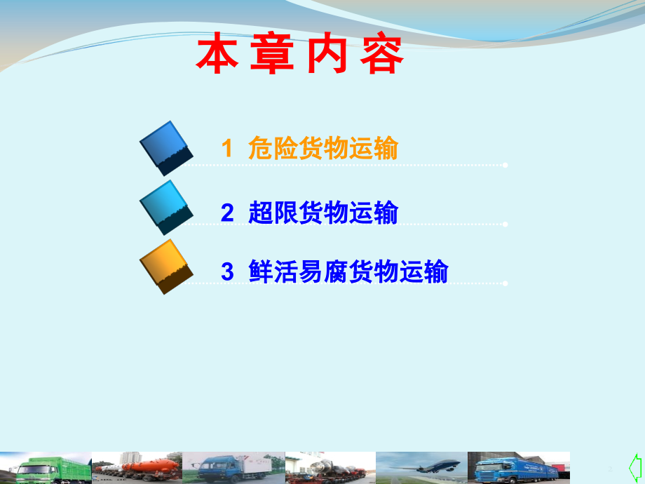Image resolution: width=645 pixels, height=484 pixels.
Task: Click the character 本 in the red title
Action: click(215, 55)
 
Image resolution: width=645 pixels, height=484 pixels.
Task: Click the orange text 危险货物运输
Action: click(323, 149)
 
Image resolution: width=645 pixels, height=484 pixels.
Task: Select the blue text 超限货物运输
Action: click(323, 213)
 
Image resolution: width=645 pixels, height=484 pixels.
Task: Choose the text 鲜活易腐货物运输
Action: click(348, 271)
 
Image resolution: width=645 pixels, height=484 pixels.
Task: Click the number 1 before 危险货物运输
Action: click(226, 149)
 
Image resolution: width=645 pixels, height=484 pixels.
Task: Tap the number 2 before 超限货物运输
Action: click(226, 213)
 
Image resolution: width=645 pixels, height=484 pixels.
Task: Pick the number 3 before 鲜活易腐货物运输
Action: click(226, 271)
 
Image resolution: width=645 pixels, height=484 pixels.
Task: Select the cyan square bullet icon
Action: click(167, 208)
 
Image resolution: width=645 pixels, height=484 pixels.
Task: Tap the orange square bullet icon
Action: click(167, 267)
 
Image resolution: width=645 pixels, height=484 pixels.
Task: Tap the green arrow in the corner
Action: click(634, 466)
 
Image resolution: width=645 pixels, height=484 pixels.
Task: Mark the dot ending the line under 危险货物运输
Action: click(505, 166)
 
